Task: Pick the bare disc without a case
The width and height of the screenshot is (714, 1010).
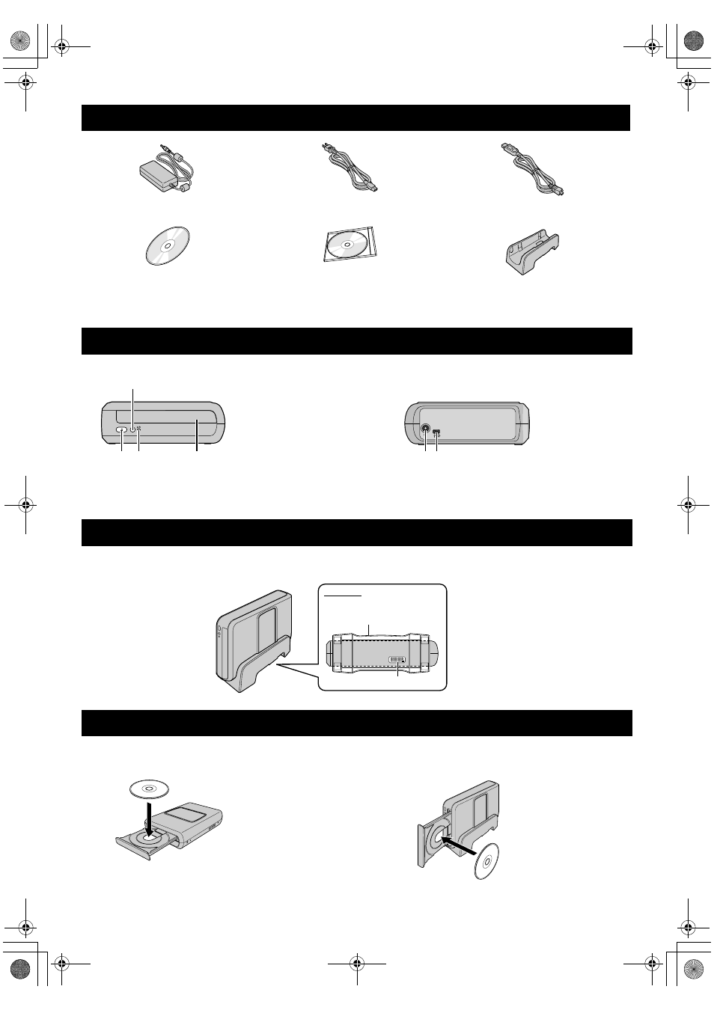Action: coord(167,245)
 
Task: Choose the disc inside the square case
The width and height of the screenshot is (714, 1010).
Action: coord(350,245)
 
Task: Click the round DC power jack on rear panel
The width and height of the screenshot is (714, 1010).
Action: coord(426,430)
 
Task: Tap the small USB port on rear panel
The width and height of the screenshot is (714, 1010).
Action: coord(437,432)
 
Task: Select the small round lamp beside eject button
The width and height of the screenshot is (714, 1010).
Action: coord(133,429)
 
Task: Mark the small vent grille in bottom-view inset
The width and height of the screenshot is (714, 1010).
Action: coord(397,659)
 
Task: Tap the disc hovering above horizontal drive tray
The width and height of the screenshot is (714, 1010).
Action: coord(148,789)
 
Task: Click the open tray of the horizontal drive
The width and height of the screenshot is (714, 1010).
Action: coord(147,844)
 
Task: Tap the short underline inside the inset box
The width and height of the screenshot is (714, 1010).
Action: coord(345,596)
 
